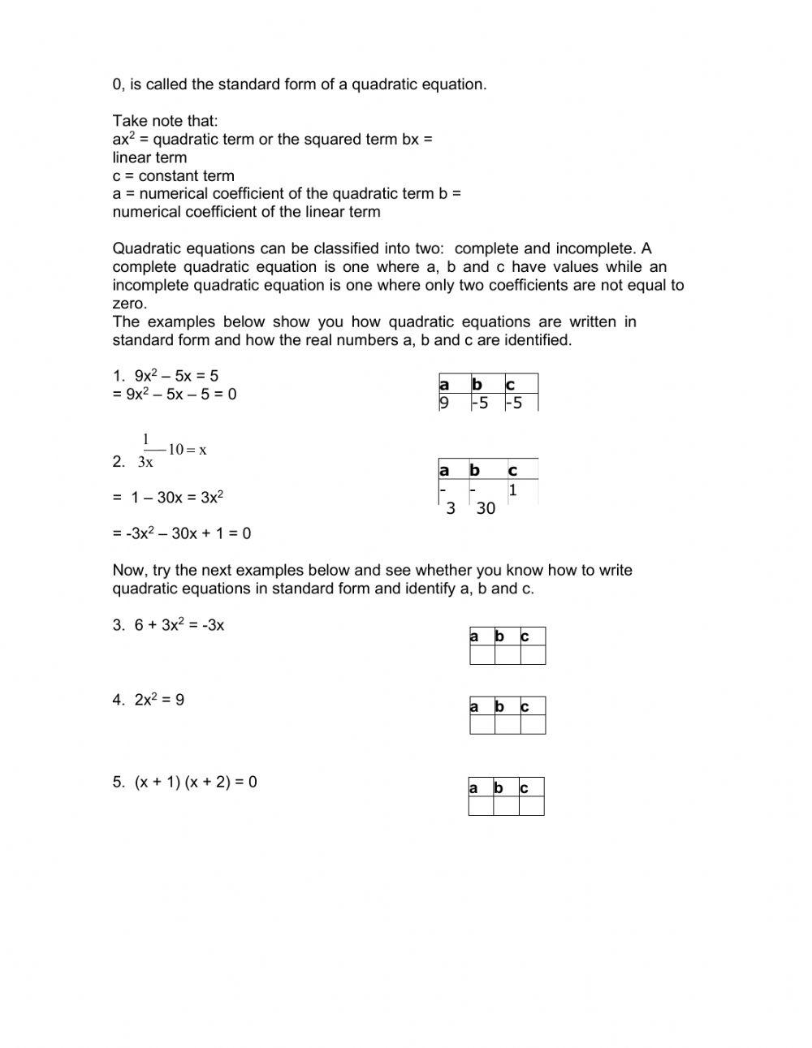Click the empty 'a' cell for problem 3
coord(482,655)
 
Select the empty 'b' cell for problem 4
coord(507,724)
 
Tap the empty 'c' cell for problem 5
coord(531,806)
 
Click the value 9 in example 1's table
coord(444,403)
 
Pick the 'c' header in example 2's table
coord(512,471)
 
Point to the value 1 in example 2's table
coord(512,490)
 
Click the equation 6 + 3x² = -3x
coord(179,625)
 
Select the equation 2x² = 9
coord(159,700)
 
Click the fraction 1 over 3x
coord(146,451)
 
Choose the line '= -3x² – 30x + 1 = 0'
coord(182,533)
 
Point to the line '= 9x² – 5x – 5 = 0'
coord(175,395)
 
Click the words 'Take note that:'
coord(165,121)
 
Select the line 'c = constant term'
coord(173,176)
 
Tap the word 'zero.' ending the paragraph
coord(130,304)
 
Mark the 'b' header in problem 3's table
coord(499,636)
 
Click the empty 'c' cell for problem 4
coord(532,724)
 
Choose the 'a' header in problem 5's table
coord(473,787)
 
